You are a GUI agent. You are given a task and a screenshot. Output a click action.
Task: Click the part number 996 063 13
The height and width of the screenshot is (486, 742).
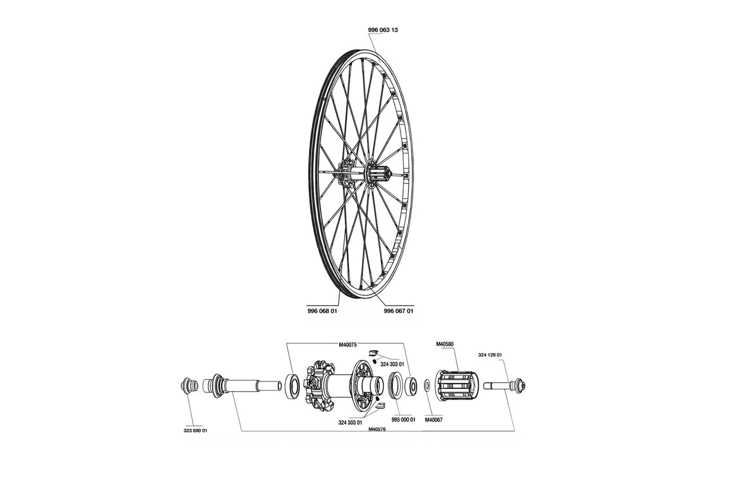[x=383, y=30]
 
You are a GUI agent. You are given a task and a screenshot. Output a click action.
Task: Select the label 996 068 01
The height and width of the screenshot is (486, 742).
[x=322, y=311]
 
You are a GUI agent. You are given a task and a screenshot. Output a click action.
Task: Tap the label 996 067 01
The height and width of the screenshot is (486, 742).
[x=399, y=311]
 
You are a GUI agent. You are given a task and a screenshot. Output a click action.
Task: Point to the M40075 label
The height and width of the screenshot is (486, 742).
[x=348, y=344]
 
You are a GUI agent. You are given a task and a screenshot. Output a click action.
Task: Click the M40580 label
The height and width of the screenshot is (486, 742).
[x=445, y=344]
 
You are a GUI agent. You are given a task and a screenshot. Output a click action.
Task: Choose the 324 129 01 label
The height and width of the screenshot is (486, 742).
[x=490, y=355]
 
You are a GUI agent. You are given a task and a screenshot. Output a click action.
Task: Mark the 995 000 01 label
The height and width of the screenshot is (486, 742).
[x=403, y=419]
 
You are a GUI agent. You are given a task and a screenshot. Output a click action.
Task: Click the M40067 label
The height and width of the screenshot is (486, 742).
[x=434, y=419]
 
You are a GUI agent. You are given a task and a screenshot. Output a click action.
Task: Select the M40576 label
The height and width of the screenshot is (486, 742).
[x=377, y=429]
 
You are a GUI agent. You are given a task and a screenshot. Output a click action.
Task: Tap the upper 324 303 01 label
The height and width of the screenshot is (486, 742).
[x=392, y=365]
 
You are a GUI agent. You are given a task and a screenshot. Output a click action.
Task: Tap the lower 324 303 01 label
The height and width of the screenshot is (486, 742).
[x=350, y=422]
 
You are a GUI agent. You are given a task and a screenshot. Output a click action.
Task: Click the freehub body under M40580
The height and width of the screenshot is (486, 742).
[x=458, y=385]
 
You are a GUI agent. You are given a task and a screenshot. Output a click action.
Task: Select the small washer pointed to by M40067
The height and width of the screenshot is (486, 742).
[x=427, y=384]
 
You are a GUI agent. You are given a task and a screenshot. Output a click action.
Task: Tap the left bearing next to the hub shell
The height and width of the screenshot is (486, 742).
[x=292, y=384]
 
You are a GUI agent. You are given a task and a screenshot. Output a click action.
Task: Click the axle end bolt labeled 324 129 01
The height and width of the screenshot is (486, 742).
[x=506, y=384]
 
